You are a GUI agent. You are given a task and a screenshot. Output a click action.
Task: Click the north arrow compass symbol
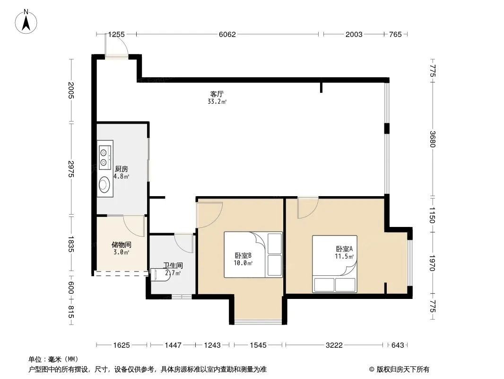(x=26, y=22)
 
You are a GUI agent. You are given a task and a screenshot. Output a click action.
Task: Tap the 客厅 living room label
(x=217, y=94)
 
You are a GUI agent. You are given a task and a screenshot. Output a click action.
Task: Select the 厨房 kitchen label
(x=122, y=169)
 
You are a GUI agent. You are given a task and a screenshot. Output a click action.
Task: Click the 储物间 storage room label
(x=121, y=245)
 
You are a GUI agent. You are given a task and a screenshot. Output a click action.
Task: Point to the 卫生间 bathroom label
(x=173, y=265)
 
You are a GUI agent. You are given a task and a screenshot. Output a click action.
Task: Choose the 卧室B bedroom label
(x=243, y=256)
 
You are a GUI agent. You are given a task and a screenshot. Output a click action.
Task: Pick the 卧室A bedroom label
(x=344, y=249)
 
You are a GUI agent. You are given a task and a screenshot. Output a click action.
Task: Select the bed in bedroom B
(x=253, y=254)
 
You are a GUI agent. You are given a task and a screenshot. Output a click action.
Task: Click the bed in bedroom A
(x=335, y=264)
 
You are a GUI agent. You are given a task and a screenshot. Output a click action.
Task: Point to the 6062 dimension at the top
(x=227, y=34)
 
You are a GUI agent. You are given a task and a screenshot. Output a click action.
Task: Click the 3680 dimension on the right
(x=432, y=139)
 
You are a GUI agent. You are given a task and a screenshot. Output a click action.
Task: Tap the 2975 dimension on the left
(x=71, y=169)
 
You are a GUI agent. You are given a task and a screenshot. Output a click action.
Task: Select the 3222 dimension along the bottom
(x=334, y=345)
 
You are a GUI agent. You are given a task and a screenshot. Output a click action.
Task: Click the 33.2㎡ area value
(x=217, y=102)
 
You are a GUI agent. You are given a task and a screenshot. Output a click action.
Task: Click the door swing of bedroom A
(x=308, y=208)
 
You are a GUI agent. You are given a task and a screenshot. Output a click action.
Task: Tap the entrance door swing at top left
(x=117, y=45)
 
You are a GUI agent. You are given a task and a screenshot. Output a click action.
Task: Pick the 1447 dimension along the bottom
(x=173, y=345)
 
